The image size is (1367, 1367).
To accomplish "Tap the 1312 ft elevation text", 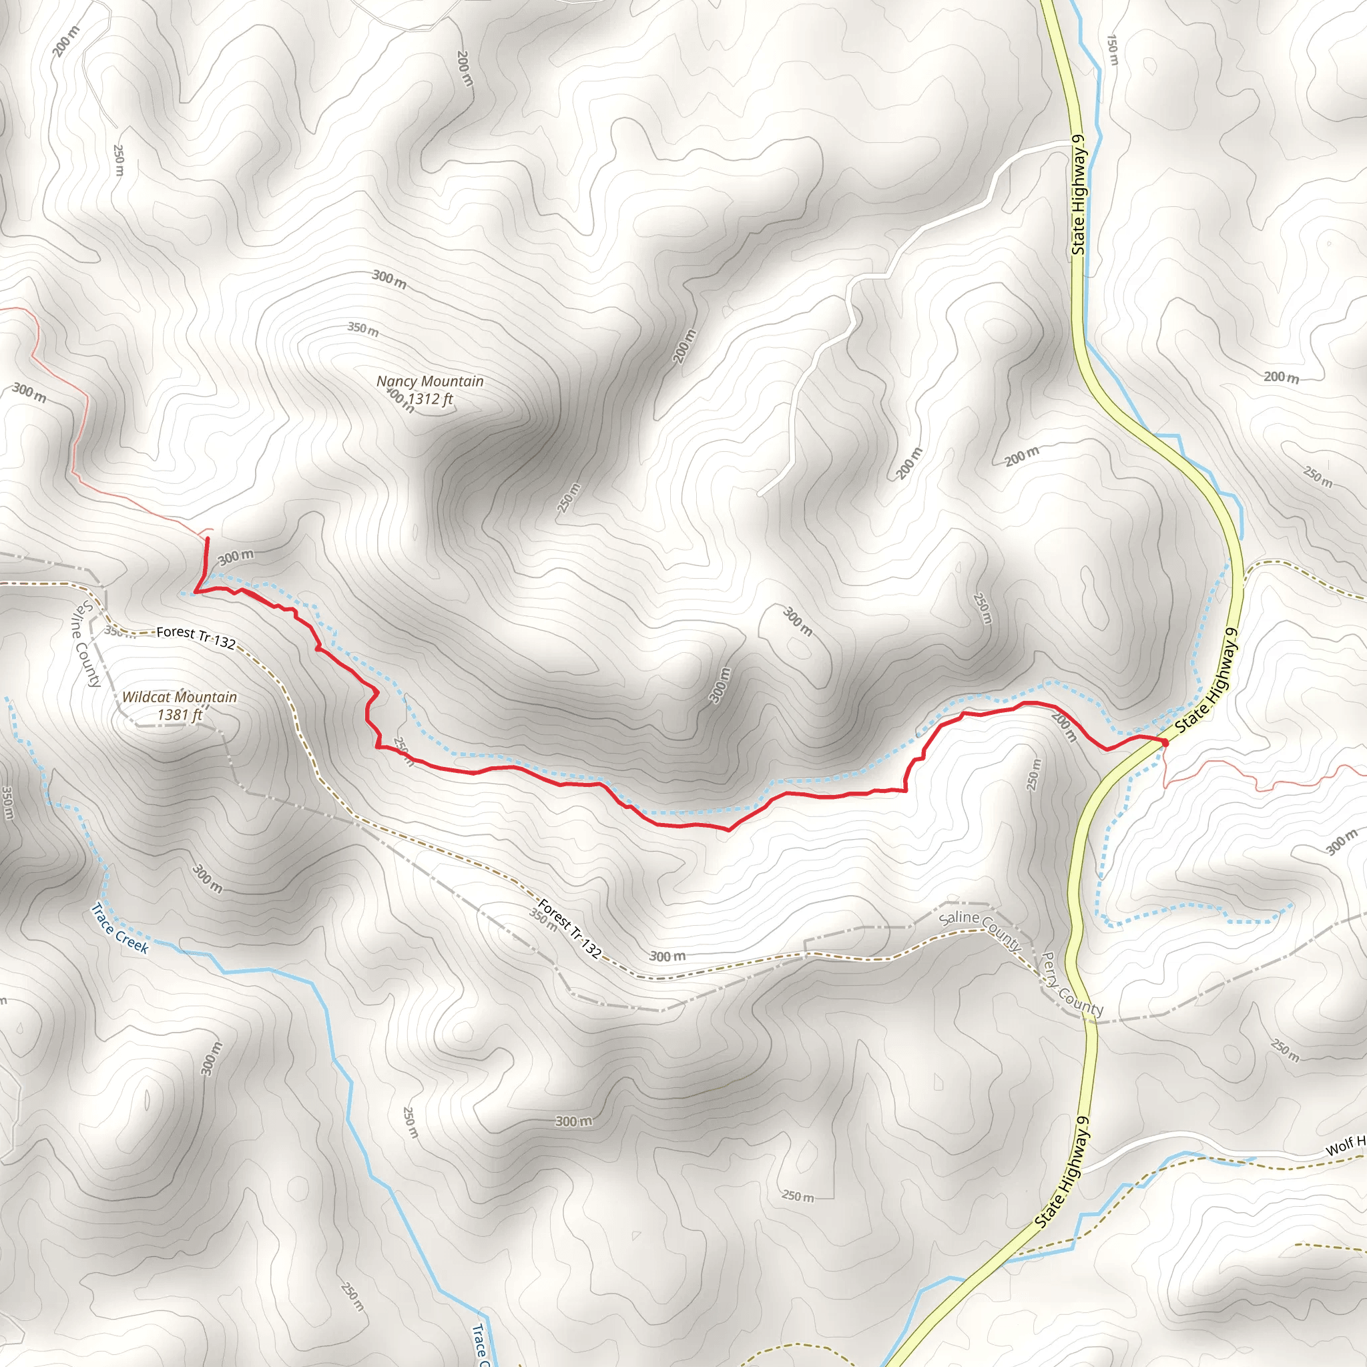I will tap(429, 399).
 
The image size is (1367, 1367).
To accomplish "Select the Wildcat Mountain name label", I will tap(179, 697).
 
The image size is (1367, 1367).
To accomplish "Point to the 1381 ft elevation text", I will tap(179, 715).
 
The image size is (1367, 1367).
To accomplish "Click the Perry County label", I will tap(1072, 985).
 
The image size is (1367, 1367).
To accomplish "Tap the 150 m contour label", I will tap(1112, 49).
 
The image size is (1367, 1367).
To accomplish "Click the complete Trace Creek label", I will tap(119, 928).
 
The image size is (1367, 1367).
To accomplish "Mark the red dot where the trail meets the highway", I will tap(1164, 742).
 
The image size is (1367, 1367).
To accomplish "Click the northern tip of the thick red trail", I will tap(208, 540).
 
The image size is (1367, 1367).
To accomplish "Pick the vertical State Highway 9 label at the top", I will tap(1079, 195).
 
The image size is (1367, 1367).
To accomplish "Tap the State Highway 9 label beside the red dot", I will tap(1207, 681).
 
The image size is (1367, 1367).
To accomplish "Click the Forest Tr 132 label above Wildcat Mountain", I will tap(196, 637).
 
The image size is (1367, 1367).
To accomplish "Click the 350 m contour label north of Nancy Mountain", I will tap(363, 329).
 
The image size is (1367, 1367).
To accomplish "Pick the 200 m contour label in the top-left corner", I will tap(67, 41).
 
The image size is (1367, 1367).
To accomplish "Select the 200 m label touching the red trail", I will tap(1063, 728).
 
